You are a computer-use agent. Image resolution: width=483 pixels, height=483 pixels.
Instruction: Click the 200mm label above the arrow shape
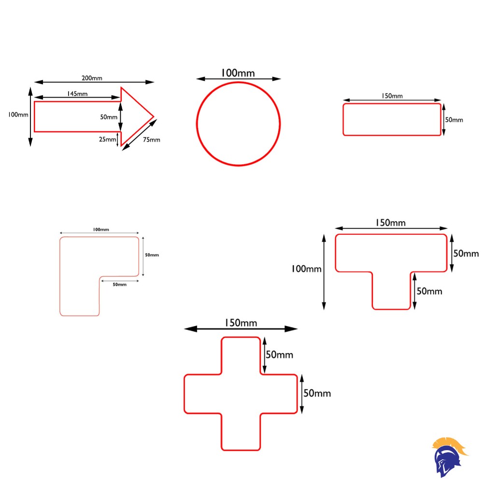point(92,78)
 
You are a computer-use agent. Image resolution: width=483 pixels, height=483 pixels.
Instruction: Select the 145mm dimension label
point(77,94)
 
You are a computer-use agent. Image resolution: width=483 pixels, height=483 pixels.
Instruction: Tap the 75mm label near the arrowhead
point(152,140)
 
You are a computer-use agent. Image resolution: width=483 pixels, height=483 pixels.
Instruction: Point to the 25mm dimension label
point(108,139)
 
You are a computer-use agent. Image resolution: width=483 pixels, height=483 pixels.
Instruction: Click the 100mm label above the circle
point(238,73)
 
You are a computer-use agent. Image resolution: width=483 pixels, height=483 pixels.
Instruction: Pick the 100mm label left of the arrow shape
point(18,114)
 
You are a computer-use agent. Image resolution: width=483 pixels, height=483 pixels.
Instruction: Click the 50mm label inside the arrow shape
point(109,117)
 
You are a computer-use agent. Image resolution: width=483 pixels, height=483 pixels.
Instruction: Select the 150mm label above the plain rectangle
point(392,96)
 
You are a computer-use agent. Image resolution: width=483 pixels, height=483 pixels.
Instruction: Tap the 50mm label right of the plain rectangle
point(454,120)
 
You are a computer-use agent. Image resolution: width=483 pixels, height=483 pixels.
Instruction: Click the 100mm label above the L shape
point(101,229)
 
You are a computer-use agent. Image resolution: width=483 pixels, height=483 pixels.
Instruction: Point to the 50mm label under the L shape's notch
point(119,284)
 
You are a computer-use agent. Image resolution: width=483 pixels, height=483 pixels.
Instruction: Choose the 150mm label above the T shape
point(391,223)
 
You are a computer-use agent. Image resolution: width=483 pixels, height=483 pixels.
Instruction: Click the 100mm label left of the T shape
point(307,269)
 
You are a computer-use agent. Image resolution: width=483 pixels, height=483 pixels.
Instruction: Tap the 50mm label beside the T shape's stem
point(429,291)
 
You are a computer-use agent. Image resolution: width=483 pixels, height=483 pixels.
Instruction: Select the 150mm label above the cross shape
point(241,323)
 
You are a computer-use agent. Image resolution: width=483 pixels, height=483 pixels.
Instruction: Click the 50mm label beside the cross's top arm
point(279,355)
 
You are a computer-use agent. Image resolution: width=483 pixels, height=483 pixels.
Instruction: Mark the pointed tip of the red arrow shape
point(154,117)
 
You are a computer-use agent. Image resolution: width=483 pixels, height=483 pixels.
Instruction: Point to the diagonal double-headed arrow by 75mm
point(140,135)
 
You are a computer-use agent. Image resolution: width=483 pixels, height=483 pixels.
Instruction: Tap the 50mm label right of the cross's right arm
point(317,393)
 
